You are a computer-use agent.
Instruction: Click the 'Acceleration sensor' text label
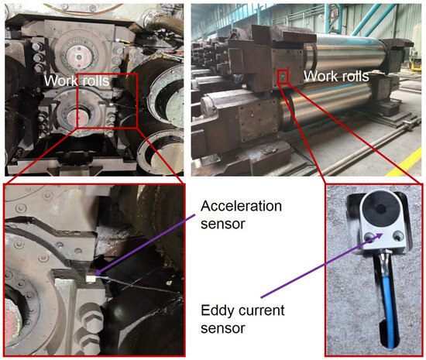(241, 214)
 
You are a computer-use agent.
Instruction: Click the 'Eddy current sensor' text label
(242, 319)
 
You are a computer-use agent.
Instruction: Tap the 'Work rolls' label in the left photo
(77, 81)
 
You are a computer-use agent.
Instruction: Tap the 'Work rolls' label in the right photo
(336, 76)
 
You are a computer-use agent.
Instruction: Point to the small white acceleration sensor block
(90, 278)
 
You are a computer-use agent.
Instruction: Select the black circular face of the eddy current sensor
(380, 208)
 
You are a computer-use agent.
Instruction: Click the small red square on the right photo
(283, 77)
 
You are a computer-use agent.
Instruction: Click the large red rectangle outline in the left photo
(108, 74)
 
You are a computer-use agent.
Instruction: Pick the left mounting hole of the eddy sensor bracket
(369, 237)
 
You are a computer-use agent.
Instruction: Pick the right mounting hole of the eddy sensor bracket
(399, 235)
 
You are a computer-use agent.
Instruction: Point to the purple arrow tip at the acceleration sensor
(95, 274)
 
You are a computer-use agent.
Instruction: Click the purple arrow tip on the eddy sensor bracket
(382, 234)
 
